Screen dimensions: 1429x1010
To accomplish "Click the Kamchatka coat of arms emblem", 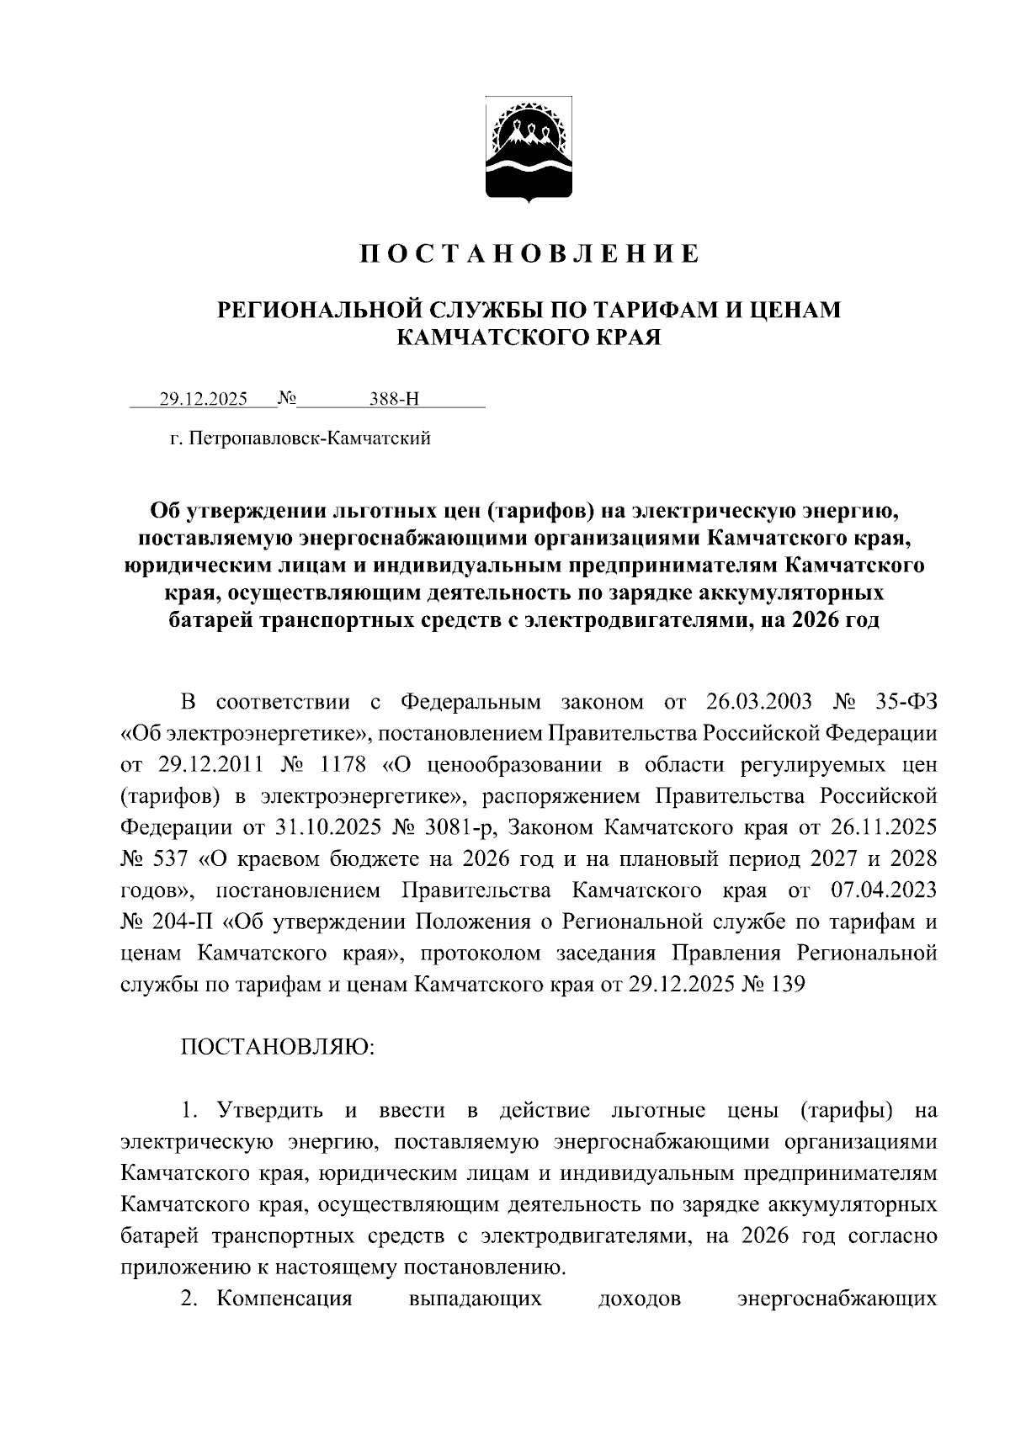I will (x=529, y=150).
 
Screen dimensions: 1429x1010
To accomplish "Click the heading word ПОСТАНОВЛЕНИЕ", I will (x=530, y=253).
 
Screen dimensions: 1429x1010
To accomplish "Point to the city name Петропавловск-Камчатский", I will (x=311, y=438).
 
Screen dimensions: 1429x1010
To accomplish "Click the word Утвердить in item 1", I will (x=269, y=1111).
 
